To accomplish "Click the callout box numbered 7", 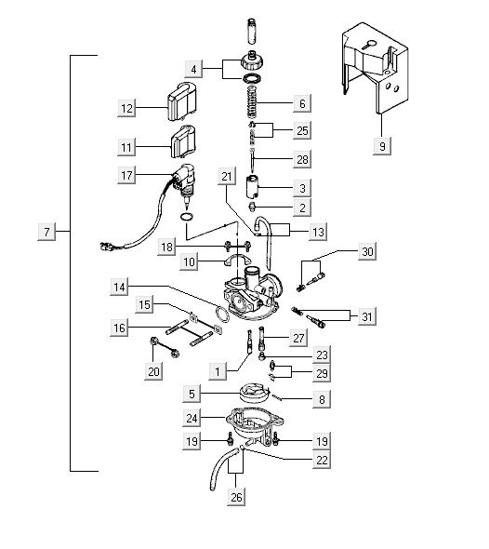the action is (46, 232).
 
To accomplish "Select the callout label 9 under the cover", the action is (382, 146).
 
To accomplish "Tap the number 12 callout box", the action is (126, 108).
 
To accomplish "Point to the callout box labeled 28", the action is (302, 159).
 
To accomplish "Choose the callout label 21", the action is (227, 176).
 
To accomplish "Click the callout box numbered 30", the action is (367, 251).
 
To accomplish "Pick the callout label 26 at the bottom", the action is (236, 497).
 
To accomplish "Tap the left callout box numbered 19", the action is (192, 441).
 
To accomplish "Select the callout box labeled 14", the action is (119, 288).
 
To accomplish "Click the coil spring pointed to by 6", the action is (253, 102).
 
